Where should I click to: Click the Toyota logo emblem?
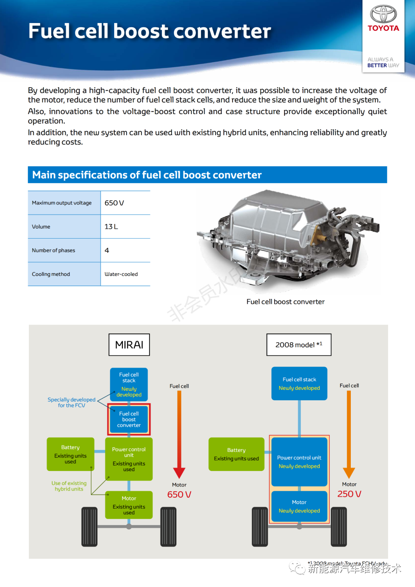[x=383, y=14]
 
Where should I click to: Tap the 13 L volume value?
[x=111, y=227]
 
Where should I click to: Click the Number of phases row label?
[x=53, y=250]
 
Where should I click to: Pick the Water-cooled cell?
[x=121, y=274]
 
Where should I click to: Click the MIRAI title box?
[x=129, y=345]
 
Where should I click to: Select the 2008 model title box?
[x=299, y=345]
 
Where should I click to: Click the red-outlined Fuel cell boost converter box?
[x=129, y=419]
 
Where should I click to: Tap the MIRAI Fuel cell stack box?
[x=129, y=384]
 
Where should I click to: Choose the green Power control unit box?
[x=129, y=459]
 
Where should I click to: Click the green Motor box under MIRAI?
[x=129, y=505]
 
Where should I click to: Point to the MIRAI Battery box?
[x=70, y=454]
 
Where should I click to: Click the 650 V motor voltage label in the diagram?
[x=179, y=494]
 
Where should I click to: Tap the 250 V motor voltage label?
[x=349, y=494]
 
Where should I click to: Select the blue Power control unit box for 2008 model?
[x=299, y=462]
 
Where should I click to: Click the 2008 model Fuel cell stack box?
[x=299, y=383]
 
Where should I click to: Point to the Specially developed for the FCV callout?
[x=71, y=402]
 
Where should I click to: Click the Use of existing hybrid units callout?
[x=69, y=486]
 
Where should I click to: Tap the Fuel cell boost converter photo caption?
[x=286, y=302]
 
